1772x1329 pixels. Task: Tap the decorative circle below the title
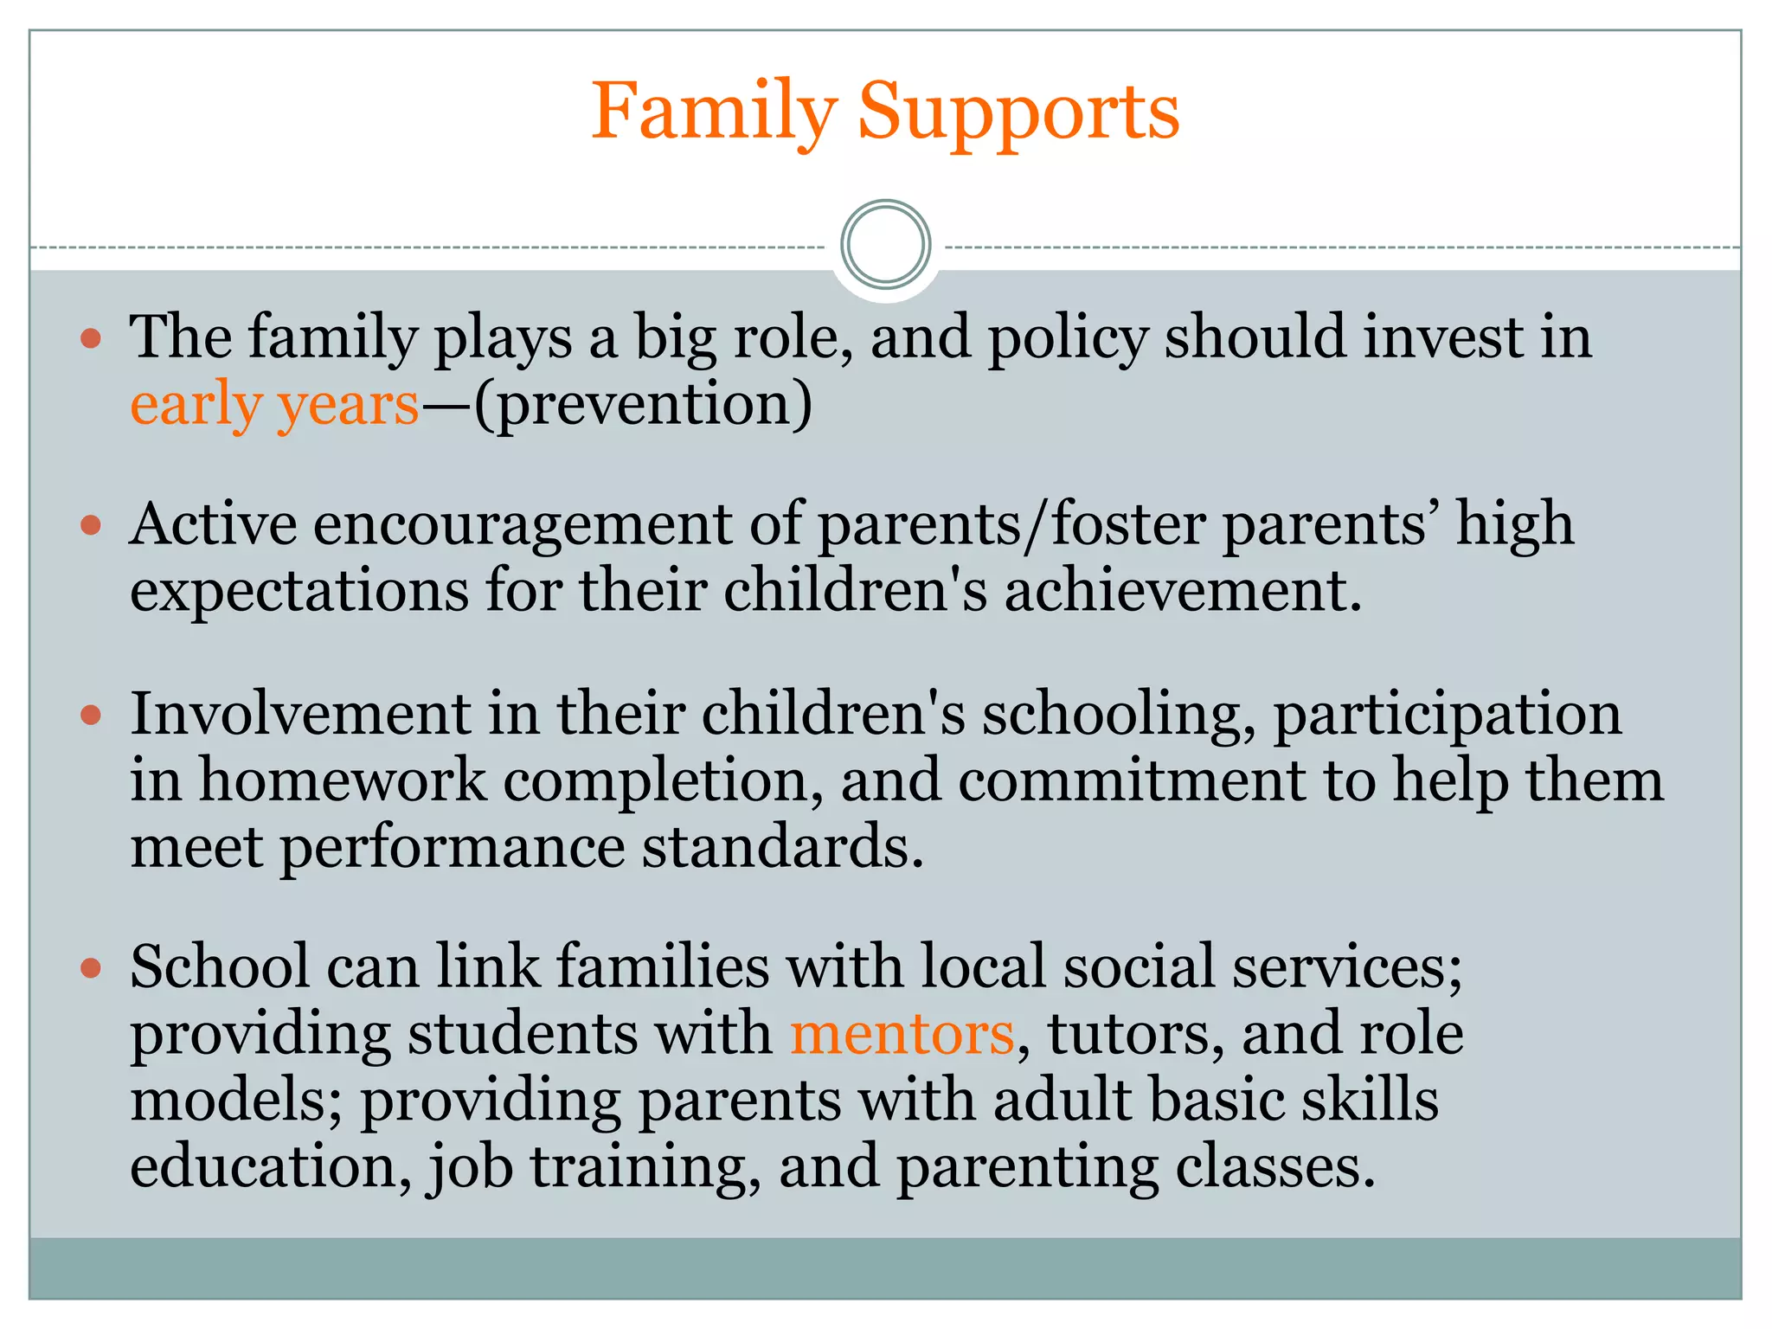[x=885, y=245]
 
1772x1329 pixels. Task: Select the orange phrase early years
[x=274, y=404]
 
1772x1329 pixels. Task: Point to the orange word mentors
[x=902, y=1033]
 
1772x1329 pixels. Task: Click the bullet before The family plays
[x=91, y=337]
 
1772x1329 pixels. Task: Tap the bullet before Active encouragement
[x=91, y=525]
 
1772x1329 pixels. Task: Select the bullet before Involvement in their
[x=91, y=715]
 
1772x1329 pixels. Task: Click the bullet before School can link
[x=91, y=966]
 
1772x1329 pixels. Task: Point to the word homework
[x=343, y=780]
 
